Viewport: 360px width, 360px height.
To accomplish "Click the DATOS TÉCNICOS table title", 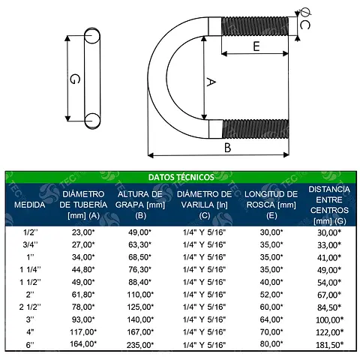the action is pos(181,177).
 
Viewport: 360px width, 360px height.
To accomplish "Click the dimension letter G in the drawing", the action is pos(75,79).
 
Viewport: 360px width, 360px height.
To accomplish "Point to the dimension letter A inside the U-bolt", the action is pos(211,82).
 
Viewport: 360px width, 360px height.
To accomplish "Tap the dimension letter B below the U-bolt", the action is pos(227,148).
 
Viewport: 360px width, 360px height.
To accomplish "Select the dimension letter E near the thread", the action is pos(256,46).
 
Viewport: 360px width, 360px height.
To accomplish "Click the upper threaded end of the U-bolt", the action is pos(255,26).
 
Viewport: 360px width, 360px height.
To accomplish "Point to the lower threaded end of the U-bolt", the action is pos(256,129).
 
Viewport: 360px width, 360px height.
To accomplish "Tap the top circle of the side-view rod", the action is pos(92,35).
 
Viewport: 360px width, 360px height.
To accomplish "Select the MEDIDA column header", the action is pos(30,205).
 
